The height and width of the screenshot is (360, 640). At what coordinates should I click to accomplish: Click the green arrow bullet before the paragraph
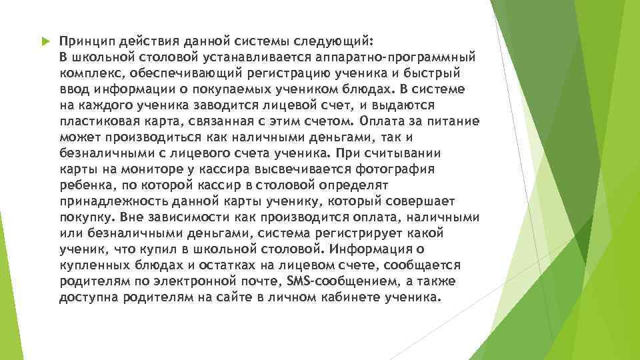click(x=45, y=41)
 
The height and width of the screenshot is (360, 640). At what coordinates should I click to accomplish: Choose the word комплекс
click(x=88, y=73)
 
